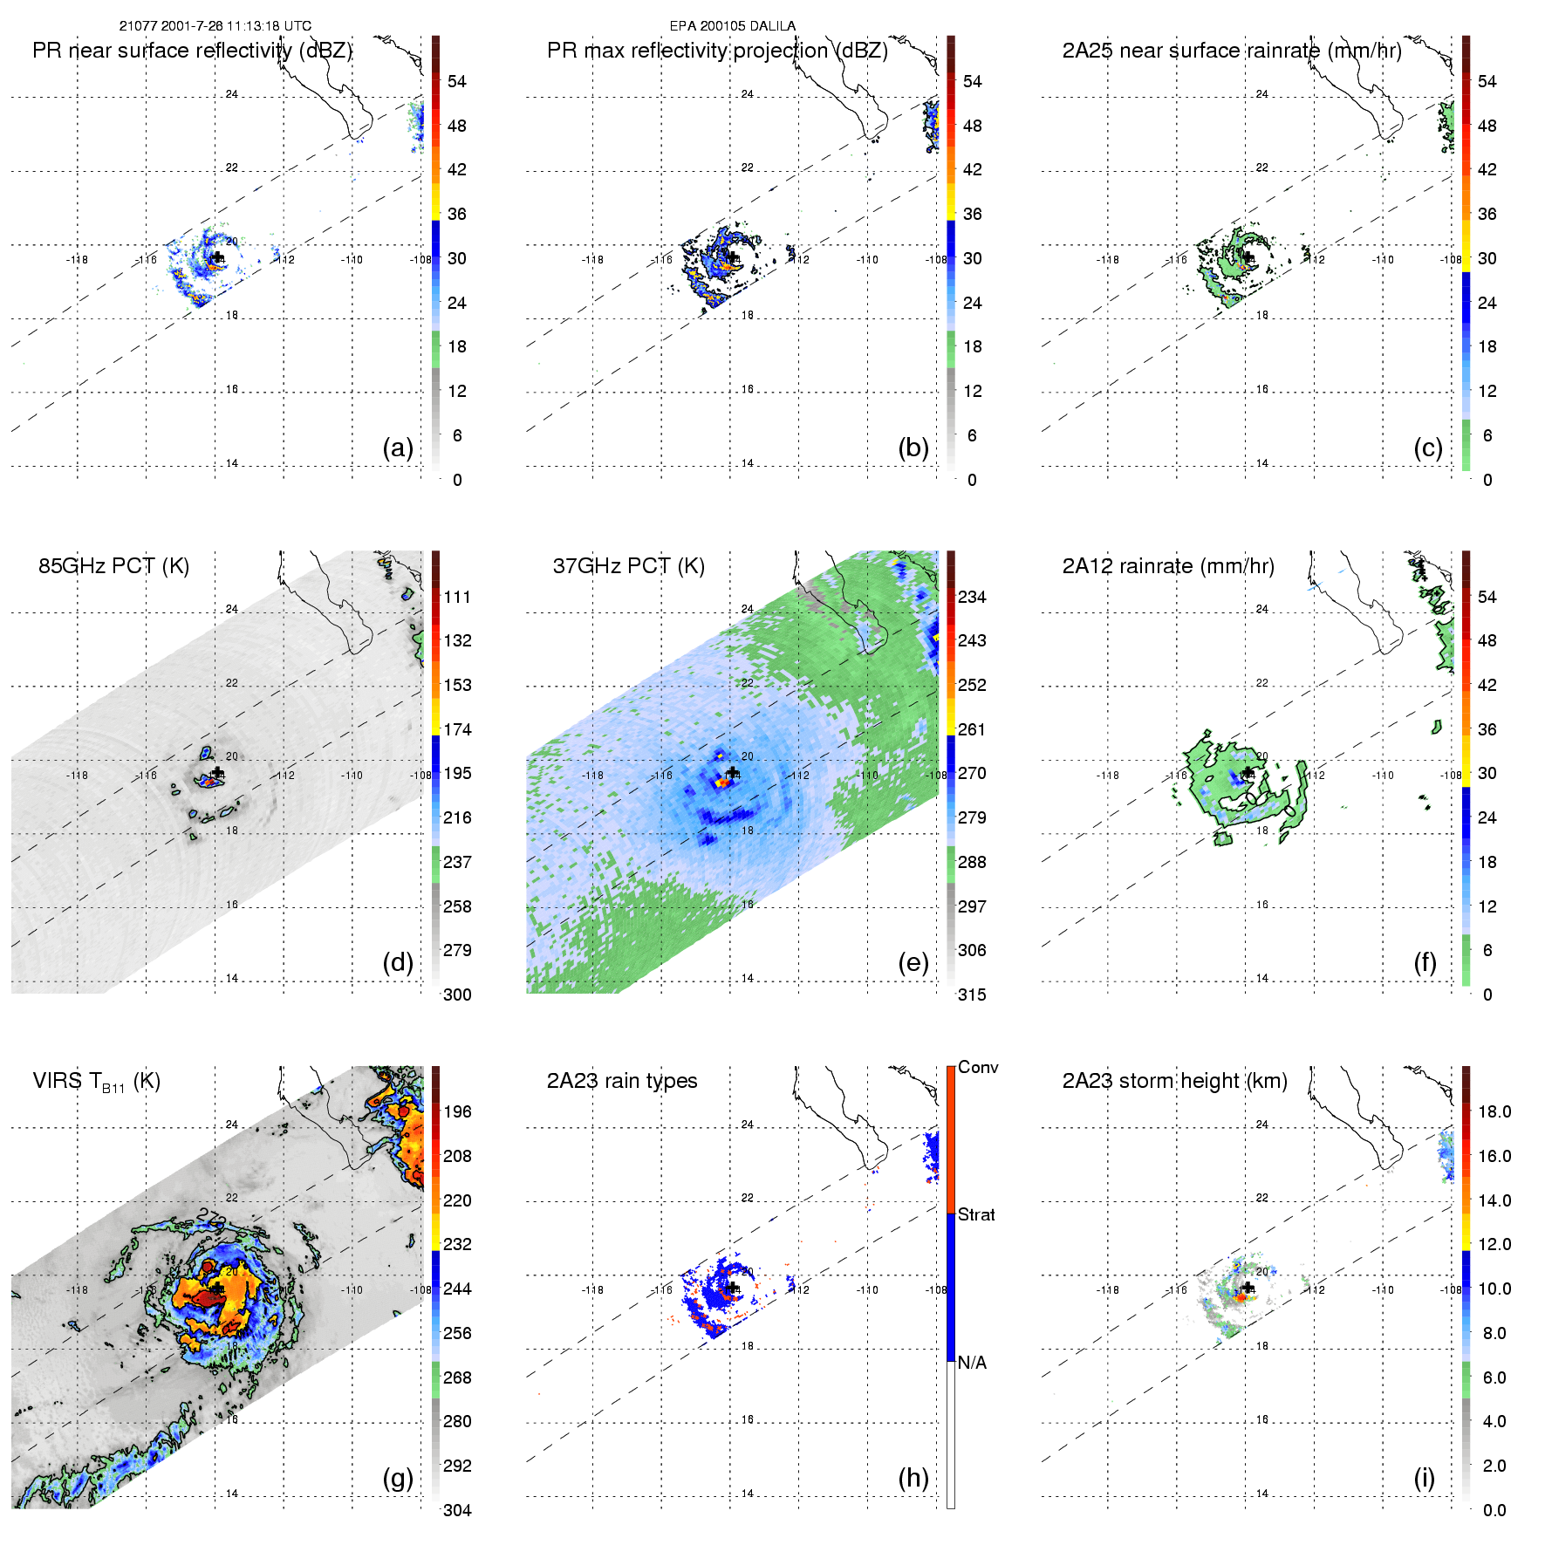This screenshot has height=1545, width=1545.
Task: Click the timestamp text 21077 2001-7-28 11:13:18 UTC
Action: coord(215,26)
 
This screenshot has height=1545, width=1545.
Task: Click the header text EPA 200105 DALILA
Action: coord(732,26)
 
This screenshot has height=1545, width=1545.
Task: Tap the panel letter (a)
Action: coord(398,448)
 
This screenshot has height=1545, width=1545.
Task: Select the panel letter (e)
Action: coord(913,963)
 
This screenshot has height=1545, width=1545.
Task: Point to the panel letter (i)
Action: coord(1424,1478)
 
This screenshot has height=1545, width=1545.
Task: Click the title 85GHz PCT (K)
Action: coord(113,566)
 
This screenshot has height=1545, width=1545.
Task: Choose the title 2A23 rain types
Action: coord(622,1081)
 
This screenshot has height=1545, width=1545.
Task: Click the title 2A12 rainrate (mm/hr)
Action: coord(1168,566)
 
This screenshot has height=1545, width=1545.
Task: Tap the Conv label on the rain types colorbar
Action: coord(978,1068)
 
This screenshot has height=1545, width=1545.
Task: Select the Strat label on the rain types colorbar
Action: coord(976,1215)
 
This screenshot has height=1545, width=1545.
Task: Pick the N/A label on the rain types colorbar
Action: coord(972,1363)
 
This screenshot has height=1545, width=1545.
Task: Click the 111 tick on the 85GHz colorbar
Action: coord(457,598)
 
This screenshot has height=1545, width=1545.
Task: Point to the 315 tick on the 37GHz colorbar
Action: coord(972,995)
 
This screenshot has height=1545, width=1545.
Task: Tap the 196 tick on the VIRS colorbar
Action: coord(457,1112)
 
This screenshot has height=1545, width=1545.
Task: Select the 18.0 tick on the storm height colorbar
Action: coord(1494,1112)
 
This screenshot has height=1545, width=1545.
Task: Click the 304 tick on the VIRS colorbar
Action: coord(457,1510)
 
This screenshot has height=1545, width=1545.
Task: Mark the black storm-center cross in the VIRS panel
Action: coord(217,1289)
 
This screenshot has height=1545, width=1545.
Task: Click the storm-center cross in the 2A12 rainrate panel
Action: coord(1248,773)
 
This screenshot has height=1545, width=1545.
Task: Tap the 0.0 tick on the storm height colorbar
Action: coord(1494,1510)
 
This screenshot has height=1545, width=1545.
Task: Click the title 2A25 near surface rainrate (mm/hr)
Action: coord(1232,51)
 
